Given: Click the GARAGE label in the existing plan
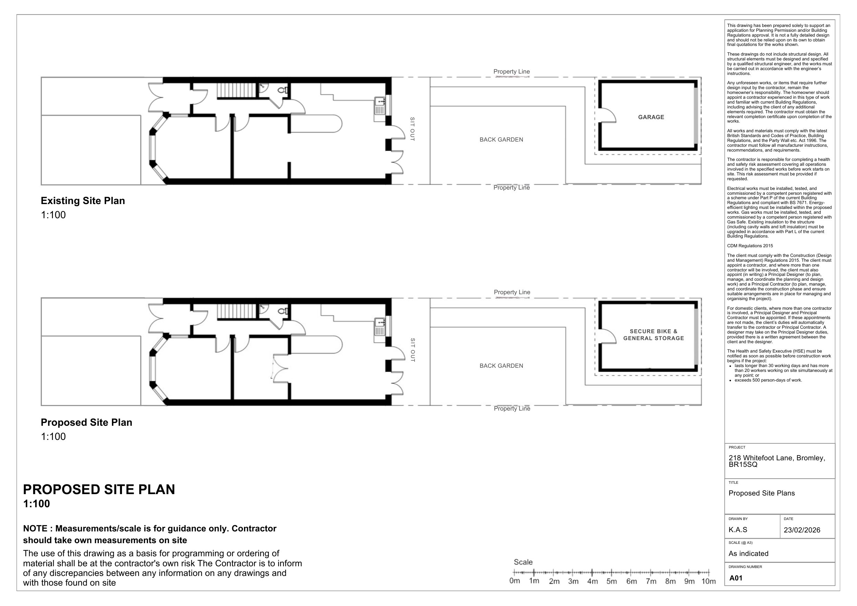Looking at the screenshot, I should [651, 117].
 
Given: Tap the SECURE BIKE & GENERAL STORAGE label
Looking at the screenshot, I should [653, 335].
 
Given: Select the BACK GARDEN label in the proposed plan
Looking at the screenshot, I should [501, 366].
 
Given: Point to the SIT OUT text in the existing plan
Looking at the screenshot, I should [412, 129].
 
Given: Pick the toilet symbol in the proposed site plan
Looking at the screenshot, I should [283, 311].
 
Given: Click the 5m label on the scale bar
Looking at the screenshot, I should [611, 581].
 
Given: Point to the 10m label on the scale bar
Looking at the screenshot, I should [708, 581].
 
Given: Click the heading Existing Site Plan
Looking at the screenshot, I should [83, 201].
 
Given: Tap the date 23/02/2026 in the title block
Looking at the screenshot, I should [802, 530].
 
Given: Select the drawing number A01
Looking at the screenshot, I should [736, 578].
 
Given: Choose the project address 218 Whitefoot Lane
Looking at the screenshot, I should [777, 458].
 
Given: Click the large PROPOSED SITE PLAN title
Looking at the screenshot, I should [99, 490].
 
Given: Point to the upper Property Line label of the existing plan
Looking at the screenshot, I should [511, 71].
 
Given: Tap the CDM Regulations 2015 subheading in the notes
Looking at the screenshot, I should [750, 246].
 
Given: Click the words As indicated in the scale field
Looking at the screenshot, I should [748, 554].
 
